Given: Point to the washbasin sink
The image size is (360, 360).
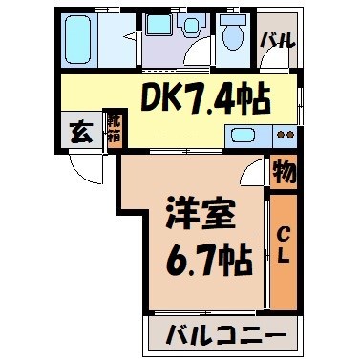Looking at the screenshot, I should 193,27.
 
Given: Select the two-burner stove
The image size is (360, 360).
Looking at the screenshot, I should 286,135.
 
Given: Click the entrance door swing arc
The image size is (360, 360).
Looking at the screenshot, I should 86,170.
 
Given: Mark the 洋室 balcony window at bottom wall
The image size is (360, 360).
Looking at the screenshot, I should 204,312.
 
